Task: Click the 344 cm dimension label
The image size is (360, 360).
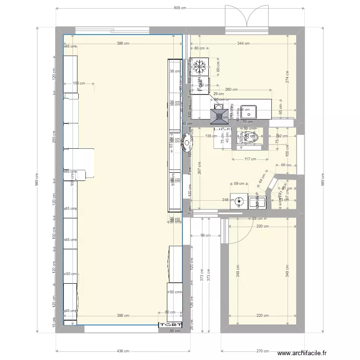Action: (243, 43)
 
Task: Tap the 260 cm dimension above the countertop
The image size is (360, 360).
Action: (231, 89)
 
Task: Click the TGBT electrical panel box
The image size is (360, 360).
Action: (171, 325)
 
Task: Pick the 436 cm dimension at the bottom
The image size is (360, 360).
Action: (123, 351)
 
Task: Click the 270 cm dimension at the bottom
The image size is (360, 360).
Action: (262, 351)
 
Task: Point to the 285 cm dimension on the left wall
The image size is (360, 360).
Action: (54, 137)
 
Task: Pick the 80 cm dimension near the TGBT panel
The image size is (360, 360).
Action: (170, 312)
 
